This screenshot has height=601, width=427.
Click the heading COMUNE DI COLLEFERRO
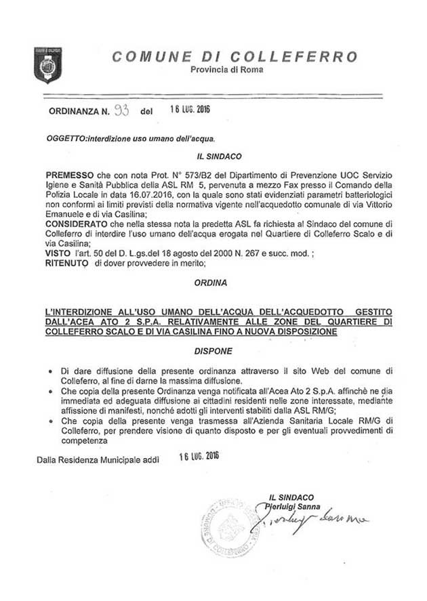pos(235,56)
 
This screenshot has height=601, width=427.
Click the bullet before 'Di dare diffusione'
pos(52,372)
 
